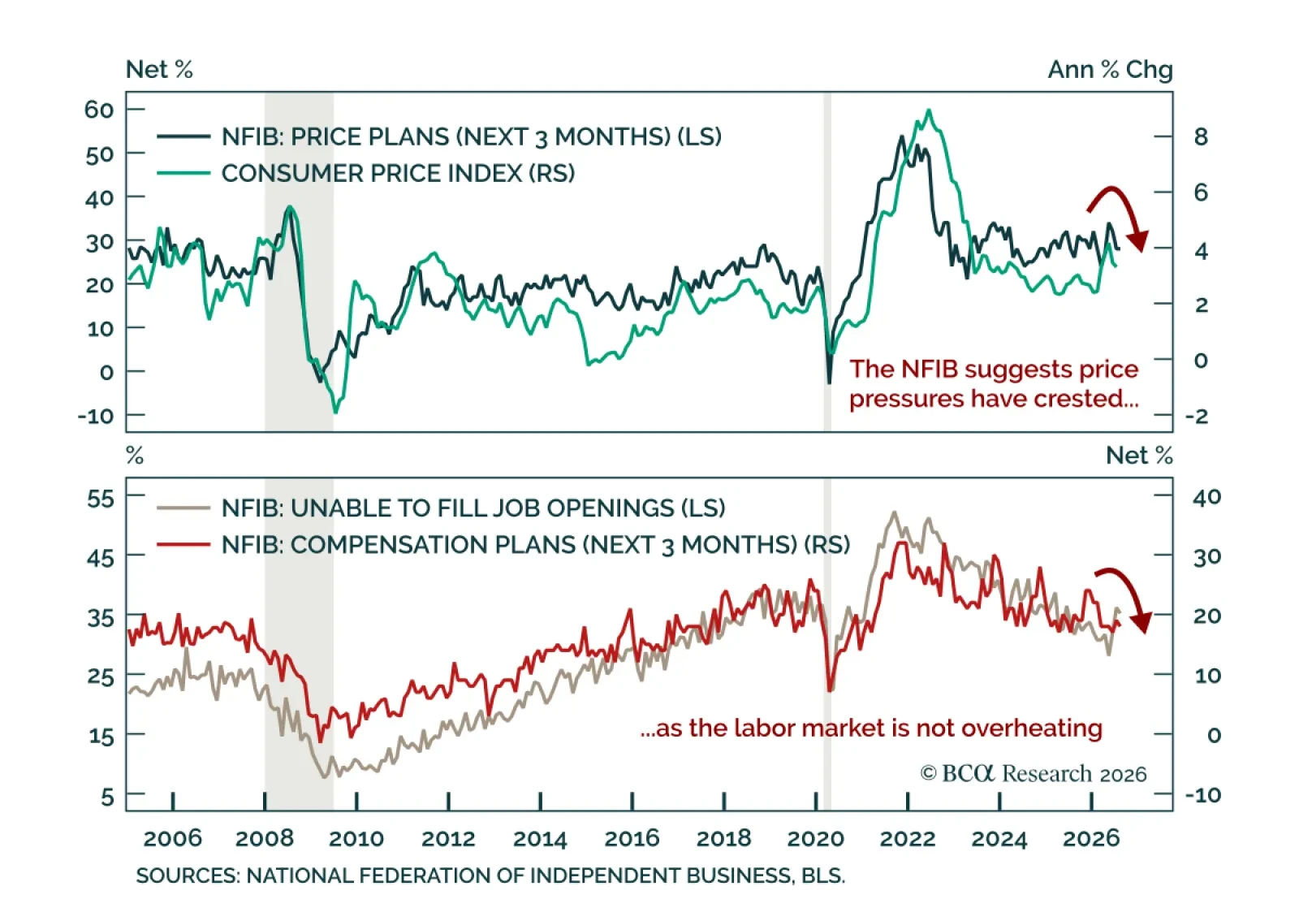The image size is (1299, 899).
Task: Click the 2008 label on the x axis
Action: [x=265, y=839]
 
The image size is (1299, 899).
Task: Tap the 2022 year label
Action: [x=908, y=839]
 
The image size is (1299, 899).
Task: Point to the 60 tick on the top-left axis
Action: [x=98, y=110]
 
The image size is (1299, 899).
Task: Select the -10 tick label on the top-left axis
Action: [x=96, y=416]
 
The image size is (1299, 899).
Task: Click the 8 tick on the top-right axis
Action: [x=1201, y=137]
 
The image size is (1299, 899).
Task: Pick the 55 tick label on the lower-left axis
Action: [x=101, y=498]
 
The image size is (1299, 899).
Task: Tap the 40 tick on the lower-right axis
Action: [x=1206, y=497]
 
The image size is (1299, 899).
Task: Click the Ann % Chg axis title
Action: [x=1110, y=70]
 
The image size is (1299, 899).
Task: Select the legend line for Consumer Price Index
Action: [x=183, y=173]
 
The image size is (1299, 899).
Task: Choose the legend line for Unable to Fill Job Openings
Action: [x=183, y=508]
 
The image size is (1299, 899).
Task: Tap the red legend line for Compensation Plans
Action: [x=183, y=545]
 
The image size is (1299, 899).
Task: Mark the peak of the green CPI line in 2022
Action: [x=929, y=110]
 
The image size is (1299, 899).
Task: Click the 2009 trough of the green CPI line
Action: [x=336, y=413]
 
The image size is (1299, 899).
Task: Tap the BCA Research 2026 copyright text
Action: [x=1034, y=774]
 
